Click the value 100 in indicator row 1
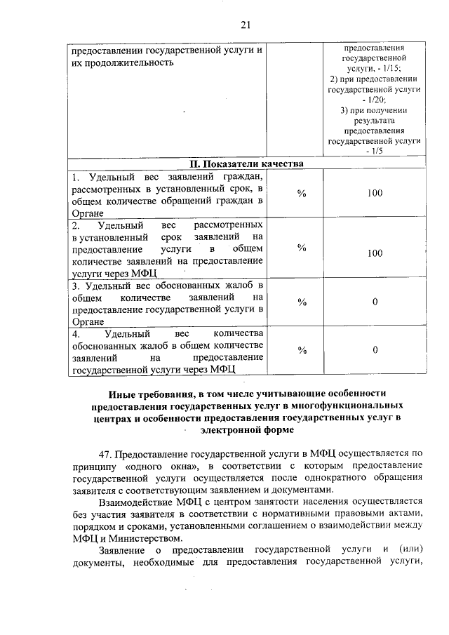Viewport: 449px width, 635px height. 374,193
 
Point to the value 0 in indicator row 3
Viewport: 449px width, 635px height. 375,302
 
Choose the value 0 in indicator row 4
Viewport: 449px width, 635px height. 375,349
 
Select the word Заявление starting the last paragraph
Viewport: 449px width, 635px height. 123,553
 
